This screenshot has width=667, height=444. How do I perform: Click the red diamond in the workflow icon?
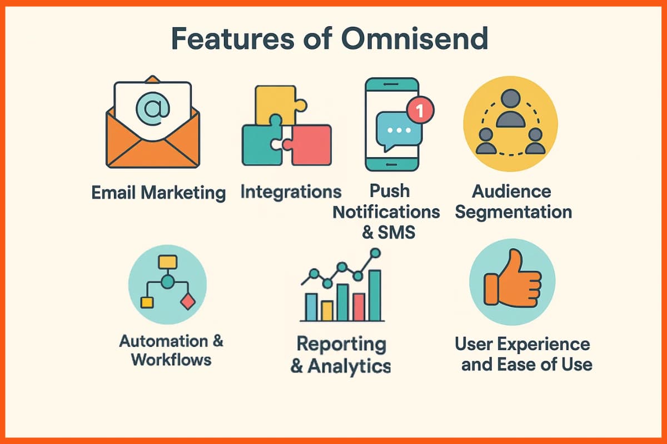pos(188,302)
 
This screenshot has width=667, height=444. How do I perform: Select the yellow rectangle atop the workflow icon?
pos(167,261)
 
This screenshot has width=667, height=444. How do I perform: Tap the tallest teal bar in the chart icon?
pos(375,295)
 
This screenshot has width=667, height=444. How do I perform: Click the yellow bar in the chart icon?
pos(327,310)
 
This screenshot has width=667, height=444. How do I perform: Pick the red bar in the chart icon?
pos(359,306)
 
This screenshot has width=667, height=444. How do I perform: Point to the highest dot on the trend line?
pos(375,253)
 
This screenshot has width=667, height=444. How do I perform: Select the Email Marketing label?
pos(158,193)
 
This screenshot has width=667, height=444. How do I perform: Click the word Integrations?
pos(291,193)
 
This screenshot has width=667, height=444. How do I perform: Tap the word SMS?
pos(396,232)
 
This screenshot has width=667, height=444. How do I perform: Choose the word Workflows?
pos(171,360)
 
